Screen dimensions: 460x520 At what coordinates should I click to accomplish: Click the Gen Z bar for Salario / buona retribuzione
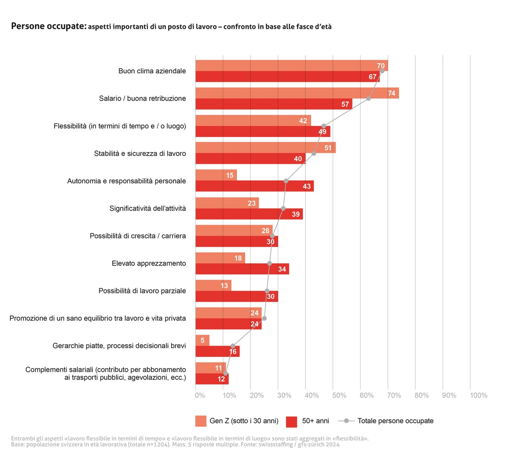[297, 93]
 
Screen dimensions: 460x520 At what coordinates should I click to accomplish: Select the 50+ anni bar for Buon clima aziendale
[287, 77]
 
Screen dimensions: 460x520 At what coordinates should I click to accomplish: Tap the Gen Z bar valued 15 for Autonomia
[216, 175]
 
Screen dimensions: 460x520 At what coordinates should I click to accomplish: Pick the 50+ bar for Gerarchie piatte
[217, 352]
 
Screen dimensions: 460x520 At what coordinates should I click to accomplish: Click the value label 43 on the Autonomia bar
[307, 186]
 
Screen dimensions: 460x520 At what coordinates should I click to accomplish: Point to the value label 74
[392, 93]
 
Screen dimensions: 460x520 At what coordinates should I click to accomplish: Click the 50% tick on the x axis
[339, 395]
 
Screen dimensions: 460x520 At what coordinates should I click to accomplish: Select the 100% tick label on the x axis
[478, 395]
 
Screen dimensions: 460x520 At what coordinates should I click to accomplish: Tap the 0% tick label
[200, 395]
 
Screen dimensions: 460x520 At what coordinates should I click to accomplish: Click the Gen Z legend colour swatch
[201, 421]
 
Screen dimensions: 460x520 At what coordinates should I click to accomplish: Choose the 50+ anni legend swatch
[292, 421]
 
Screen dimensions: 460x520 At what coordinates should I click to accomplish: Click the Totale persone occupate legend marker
[346, 421]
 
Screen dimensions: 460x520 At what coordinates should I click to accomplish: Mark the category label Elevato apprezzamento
[149, 263]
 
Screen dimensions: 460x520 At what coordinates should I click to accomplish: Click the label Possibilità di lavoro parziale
[142, 291]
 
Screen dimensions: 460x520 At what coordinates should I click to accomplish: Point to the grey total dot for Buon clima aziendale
[382, 71]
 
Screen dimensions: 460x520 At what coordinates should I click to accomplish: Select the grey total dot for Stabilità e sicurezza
[314, 153]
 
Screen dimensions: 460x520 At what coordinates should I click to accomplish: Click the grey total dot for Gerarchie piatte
[233, 346]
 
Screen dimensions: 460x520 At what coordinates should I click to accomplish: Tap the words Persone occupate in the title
[49, 26]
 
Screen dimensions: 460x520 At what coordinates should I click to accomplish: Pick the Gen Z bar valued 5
[202, 340]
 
